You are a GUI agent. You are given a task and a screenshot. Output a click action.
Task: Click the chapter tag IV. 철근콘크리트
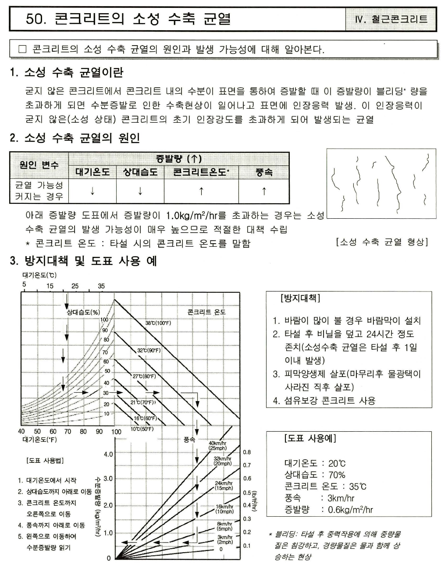tap(391, 19)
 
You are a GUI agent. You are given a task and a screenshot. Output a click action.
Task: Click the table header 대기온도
tap(92, 172)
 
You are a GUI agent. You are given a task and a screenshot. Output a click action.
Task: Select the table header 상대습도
tap(140, 172)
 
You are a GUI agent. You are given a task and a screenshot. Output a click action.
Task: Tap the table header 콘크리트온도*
tap(201, 172)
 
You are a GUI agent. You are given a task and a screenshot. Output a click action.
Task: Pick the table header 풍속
tap(264, 172)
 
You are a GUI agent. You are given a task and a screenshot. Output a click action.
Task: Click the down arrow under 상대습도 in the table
tap(140, 191)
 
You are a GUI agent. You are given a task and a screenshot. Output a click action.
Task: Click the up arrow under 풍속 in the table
tap(264, 191)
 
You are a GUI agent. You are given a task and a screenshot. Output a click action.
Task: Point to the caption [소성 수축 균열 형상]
tap(382, 242)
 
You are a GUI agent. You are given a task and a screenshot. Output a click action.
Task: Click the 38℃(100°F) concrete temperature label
tap(158, 323)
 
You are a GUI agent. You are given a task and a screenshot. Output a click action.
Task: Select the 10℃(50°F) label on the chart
tap(142, 429)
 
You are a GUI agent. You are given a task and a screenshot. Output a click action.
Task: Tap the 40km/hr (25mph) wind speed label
tap(217, 445)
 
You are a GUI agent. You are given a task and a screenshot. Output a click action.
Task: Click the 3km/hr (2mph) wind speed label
tap(225, 539)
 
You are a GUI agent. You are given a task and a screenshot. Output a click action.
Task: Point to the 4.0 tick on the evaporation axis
tap(108, 454)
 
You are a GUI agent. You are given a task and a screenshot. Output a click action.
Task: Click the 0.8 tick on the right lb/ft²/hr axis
tap(247, 452)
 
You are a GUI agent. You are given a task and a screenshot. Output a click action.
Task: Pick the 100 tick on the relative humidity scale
tap(104, 320)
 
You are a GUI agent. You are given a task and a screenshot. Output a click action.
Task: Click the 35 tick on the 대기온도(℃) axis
tap(101, 286)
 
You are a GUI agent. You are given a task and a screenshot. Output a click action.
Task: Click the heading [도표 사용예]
tap(310, 438)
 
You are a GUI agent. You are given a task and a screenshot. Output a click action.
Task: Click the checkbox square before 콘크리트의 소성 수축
tap(22, 49)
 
